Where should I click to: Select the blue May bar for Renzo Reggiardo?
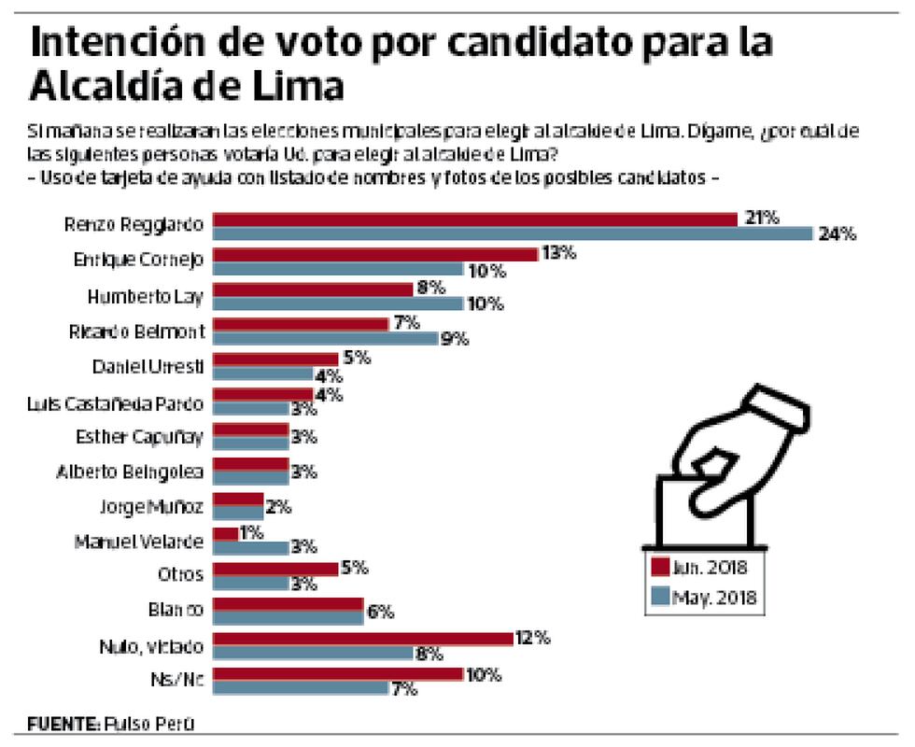point(514,233)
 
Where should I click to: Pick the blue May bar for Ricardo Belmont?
point(326,338)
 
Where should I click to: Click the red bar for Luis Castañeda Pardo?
point(263,394)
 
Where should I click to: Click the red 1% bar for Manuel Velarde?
point(225,534)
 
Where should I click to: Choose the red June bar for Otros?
point(275,569)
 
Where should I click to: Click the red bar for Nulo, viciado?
point(363,639)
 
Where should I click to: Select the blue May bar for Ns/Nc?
point(301,688)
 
